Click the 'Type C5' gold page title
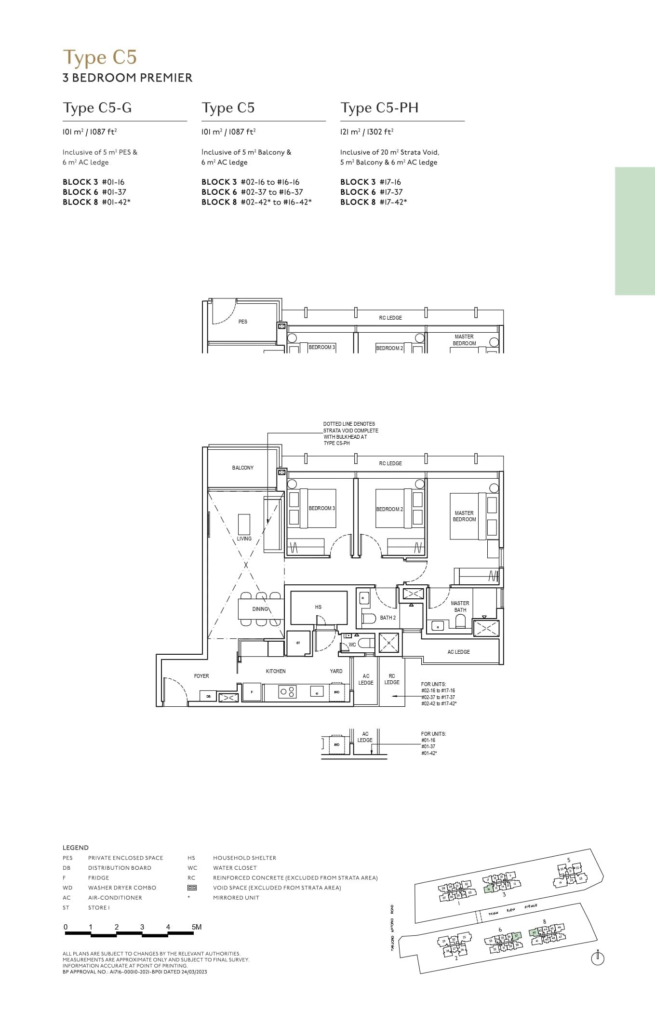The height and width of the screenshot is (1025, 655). tap(100, 57)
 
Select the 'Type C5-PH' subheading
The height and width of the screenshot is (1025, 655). tap(379, 108)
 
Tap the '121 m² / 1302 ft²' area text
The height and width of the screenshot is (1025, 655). tap(367, 132)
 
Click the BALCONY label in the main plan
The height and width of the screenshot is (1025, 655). tap(242, 468)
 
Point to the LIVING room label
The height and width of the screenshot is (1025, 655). tap(244, 539)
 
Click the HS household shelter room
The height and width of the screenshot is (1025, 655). tap(318, 607)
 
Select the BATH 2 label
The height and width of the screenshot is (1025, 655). tap(388, 618)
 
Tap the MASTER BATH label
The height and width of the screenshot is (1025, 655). tap(460, 607)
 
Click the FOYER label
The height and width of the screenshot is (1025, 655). tap(201, 676)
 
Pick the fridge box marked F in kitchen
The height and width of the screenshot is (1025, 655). tap(252, 692)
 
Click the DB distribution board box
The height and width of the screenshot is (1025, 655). tap(208, 697)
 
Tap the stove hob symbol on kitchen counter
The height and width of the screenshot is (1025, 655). tap(287, 692)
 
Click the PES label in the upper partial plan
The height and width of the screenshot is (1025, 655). tap(242, 322)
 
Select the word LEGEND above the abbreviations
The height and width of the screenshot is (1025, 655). tap(76, 848)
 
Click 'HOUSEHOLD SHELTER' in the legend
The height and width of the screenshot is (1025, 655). tap(244, 858)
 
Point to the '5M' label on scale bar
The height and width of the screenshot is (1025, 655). tap(196, 927)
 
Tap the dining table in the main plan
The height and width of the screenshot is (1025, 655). tap(260, 609)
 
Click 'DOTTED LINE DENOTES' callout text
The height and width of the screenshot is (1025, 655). tap(349, 424)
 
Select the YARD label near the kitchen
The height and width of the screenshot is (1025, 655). tap(336, 671)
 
